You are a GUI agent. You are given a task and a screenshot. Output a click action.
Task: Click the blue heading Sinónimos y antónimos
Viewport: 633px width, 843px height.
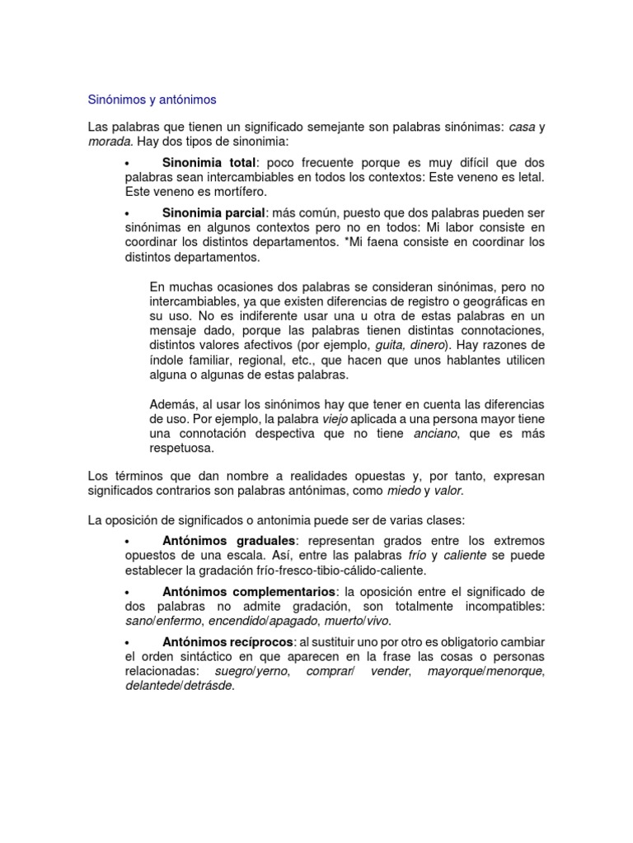pos(152,100)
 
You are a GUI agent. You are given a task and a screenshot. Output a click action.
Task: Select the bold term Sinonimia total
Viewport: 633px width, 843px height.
pos(209,163)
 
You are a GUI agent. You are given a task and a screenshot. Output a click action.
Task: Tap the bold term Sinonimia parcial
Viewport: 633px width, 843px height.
pos(215,212)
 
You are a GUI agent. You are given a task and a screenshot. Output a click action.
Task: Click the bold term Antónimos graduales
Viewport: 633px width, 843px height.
pos(228,541)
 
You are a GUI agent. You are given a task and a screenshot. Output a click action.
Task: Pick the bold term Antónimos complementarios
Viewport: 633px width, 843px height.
pos(249,592)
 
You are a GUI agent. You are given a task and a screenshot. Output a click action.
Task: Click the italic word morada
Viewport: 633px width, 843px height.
pos(108,141)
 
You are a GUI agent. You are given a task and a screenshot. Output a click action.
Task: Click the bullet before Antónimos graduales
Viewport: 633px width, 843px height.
pos(128,542)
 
